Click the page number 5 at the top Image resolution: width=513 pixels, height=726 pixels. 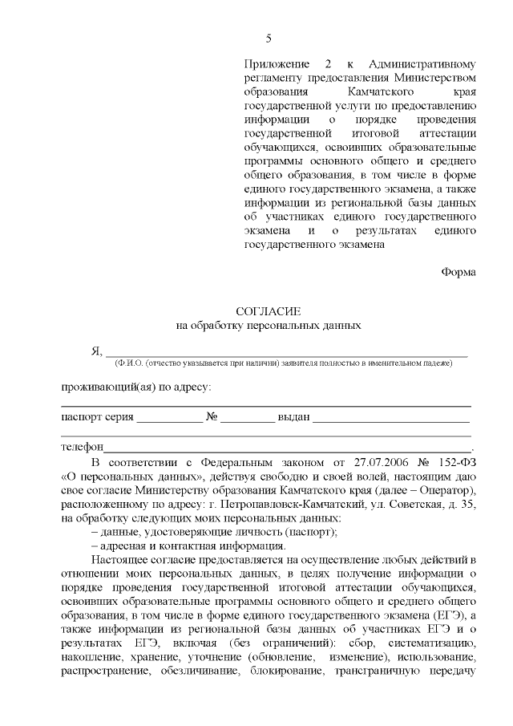269,39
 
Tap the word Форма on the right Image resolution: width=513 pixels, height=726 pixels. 458,272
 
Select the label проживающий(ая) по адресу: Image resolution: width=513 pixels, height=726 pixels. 136,387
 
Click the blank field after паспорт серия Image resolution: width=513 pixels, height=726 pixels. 169,418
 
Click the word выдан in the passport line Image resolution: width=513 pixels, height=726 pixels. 293,418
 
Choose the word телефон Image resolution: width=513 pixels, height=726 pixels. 83,447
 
